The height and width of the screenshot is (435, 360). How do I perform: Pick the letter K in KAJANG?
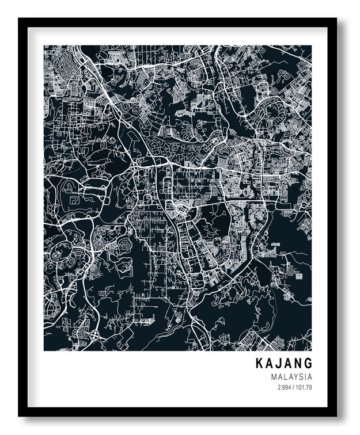(258, 364)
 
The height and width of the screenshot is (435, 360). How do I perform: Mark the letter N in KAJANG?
(298, 364)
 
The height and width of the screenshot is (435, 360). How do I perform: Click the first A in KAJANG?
(268, 364)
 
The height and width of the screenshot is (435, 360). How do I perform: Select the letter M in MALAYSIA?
(272, 377)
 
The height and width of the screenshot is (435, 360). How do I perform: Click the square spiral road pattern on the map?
(74, 200)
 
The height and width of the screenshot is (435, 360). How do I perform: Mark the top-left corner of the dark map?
(44, 46)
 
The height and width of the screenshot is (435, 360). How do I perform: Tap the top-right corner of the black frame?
(336, 19)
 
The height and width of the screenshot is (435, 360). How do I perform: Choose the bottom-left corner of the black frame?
(19, 416)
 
